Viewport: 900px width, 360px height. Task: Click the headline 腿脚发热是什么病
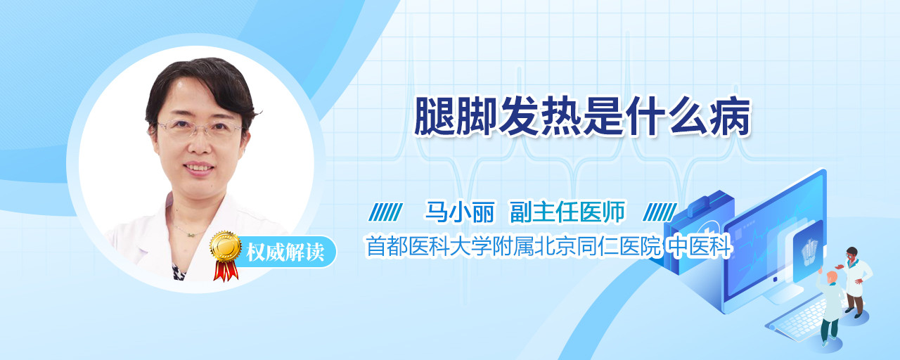click(583, 117)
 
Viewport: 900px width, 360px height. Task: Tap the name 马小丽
click(460, 212)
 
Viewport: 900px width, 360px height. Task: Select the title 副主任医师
click(567, 212)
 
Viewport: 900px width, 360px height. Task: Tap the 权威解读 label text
click(285, 252)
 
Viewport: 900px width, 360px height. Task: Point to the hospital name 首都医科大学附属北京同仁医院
click(513, 246)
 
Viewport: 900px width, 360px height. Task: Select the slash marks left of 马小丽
click(386, 212)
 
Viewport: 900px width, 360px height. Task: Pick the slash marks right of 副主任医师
click(660, 212)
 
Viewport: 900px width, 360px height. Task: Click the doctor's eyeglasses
click(200, 129)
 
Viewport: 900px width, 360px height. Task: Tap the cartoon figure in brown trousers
click(856, 281)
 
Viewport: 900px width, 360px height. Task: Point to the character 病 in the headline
click(730, 117)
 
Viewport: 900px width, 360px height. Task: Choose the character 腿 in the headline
click(435, 117)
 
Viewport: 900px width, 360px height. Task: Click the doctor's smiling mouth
click(198, 167)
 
